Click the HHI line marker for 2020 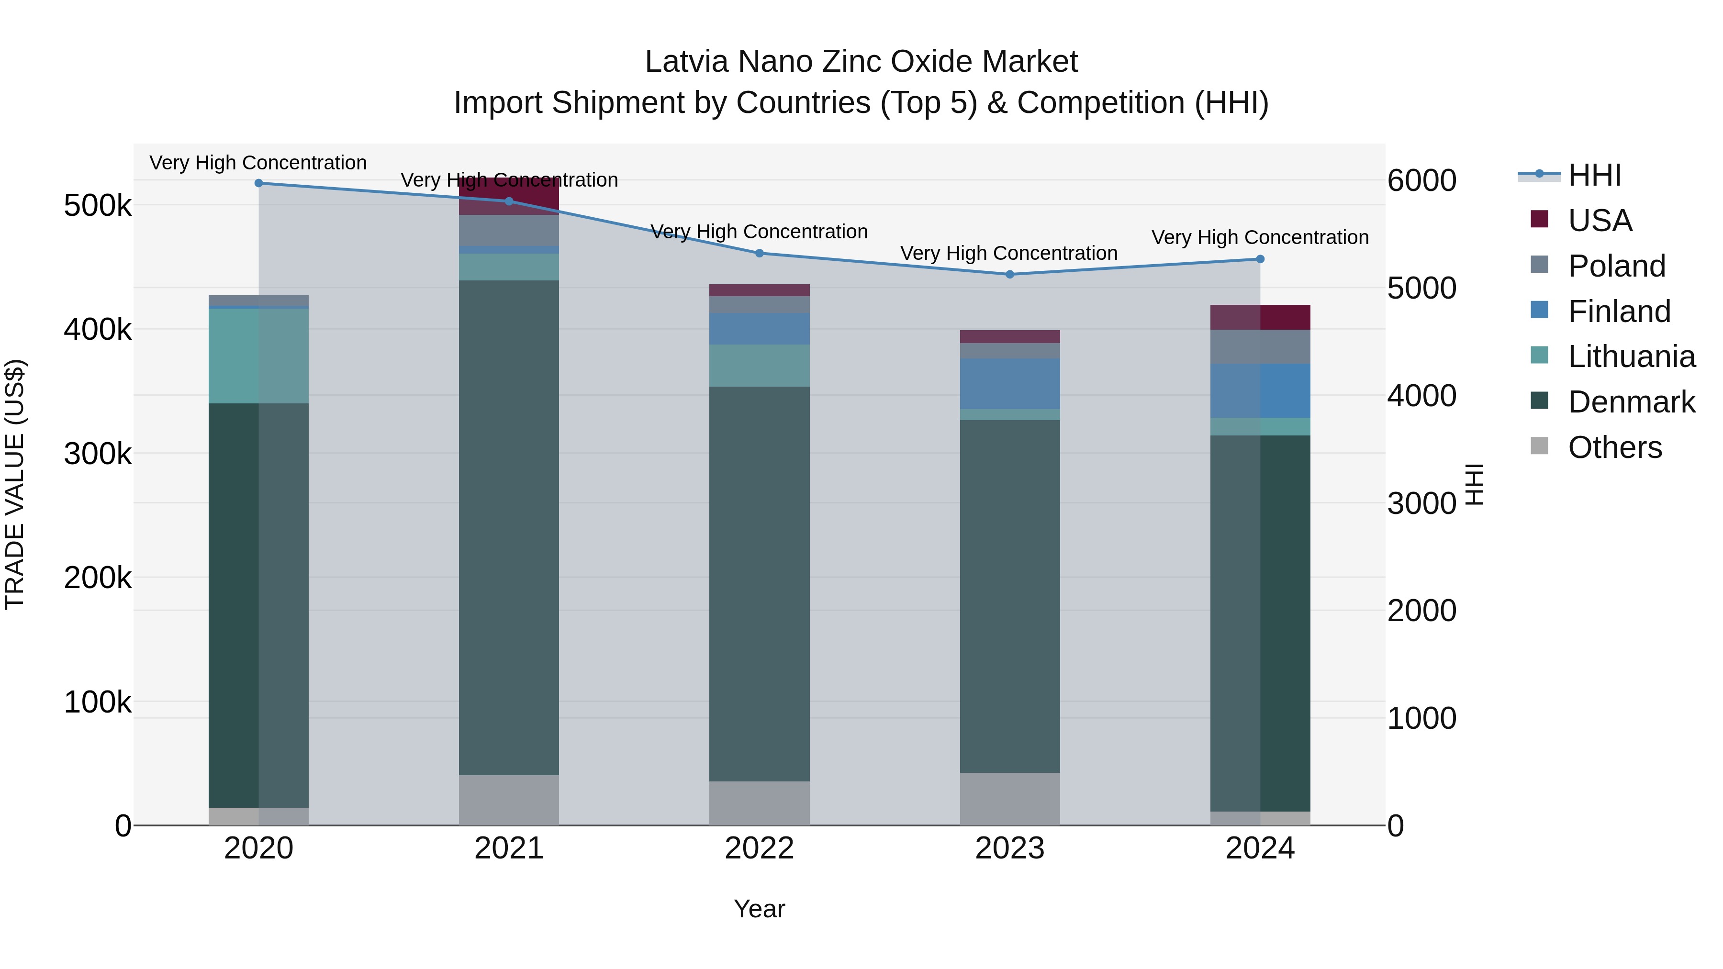(x=259, y=183)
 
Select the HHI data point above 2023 (x=1010, y=274)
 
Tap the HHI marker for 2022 (x=759, y=254)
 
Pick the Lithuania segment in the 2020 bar (x=259, y=355)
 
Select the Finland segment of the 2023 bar (x=1010, y=383)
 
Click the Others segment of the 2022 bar (x=759, y=802)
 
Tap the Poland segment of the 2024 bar (x=1260, y=346)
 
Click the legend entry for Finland (x=1619, y=312)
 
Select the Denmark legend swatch (x=1539, y=401)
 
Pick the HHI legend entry (x=1594, y=175)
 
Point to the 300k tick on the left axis (x=98, y=454)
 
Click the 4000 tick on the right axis (x=1421, y=395)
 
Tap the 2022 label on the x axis (x=759, y=848)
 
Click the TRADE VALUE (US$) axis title (x=15, y=484)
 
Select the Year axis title (x=759, y=909)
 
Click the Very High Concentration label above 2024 (x=1260, y=237)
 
